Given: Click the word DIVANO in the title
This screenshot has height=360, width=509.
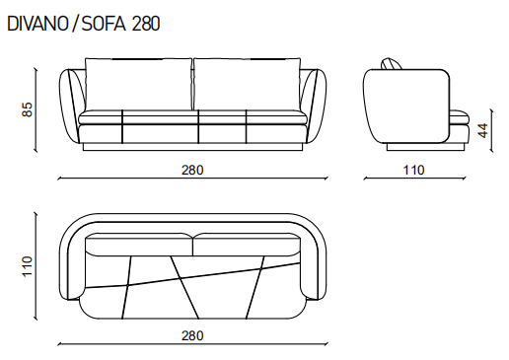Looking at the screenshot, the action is (37, 24).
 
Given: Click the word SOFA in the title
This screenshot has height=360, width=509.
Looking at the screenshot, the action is (104, 24).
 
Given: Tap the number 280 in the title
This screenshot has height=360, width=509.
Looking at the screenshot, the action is (146, 24).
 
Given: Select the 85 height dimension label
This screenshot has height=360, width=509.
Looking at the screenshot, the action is (28, 109).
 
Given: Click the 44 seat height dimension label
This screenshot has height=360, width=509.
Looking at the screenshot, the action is (482, 130).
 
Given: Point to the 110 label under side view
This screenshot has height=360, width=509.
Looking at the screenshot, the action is (413, 170).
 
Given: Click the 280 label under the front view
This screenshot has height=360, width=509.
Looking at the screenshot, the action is (192, 170).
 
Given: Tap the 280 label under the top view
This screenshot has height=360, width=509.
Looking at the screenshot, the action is (192, 335).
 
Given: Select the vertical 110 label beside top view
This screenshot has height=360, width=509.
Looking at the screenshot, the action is (28, 266).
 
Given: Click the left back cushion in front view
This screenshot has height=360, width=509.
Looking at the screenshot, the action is (138, 84).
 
